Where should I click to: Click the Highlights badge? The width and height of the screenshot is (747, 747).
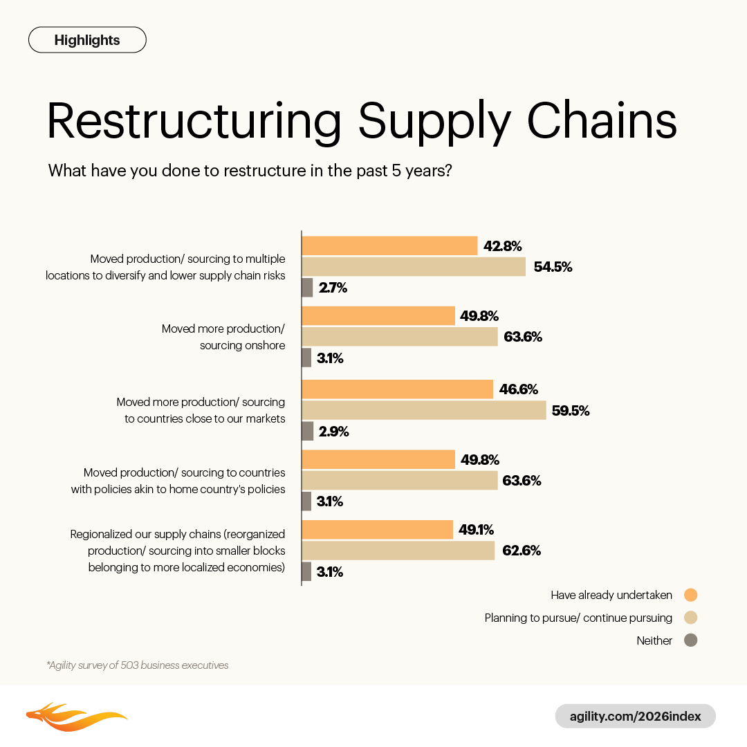(x=87, y=40)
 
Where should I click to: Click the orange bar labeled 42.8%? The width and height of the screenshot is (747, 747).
(x=389, y=246)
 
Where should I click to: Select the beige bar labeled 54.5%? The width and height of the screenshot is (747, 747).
(x=414, y=266)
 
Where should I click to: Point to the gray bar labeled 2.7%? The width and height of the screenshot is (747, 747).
(x=307, y=288)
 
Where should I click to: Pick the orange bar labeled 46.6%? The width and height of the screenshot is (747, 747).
(x=398, y=389)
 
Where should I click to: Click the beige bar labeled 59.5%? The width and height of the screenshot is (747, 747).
(x=424, y=410)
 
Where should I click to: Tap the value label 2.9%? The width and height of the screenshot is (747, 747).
(x=333, y=432)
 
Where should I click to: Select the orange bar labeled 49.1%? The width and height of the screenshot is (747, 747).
(x=377, y=530)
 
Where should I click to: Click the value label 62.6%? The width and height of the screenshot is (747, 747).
(x=522, y=551)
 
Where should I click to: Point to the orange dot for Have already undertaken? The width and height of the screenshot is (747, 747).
(x=690, y=595)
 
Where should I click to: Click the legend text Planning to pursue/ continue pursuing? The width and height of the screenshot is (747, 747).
(x=578, y=618)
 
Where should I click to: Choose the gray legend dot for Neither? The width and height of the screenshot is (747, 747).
(x=690, y=640)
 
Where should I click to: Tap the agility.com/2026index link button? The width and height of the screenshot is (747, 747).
(x=635, y=716)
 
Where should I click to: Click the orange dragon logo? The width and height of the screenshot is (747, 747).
(x=76, y=717)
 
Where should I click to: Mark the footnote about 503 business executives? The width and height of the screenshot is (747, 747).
(x=137, y=665)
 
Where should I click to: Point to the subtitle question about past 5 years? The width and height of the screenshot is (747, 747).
(x=250, y=170)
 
